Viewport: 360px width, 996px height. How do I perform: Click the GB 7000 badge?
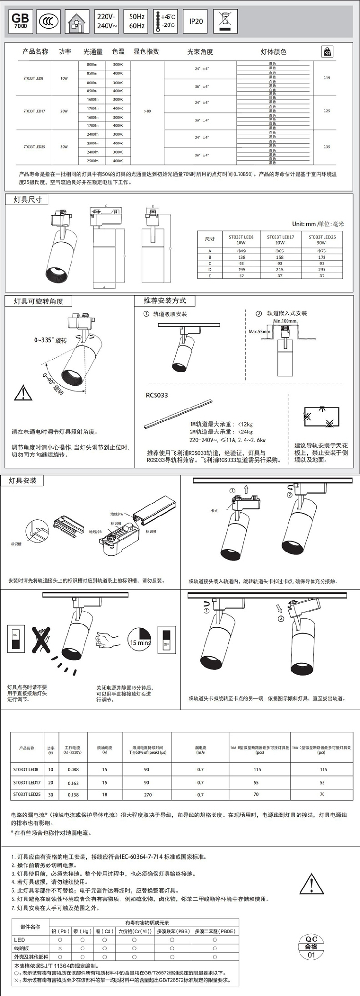coord(20,22)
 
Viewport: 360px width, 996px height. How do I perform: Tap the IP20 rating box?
coord(196,22)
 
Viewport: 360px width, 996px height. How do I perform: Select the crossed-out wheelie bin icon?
coord(225,21)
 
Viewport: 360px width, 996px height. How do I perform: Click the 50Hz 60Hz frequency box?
coord(137,22)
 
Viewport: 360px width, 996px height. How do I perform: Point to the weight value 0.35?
coord(327,147)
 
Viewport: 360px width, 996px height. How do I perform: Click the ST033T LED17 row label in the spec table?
coord(34,111)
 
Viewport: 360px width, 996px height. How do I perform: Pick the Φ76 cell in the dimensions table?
coord(322,251)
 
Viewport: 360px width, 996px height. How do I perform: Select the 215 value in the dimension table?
coord(280,270)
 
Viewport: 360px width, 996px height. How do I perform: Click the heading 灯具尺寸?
coord(27,200)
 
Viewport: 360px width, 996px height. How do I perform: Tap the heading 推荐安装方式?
coord(165,301)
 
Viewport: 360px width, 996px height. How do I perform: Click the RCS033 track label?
coord(157,396)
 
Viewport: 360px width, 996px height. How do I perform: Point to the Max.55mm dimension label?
coord(259,332)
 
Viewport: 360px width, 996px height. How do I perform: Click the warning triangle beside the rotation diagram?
coord(23,393)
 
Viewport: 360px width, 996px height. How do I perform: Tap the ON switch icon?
coord(15,639)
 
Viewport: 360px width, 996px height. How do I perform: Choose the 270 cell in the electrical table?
coord(148,795)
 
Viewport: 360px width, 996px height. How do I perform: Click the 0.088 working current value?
coord(73,769)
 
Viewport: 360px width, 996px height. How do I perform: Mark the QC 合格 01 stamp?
coord(312,948)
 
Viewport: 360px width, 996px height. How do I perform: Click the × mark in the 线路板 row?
coord(60,948)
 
